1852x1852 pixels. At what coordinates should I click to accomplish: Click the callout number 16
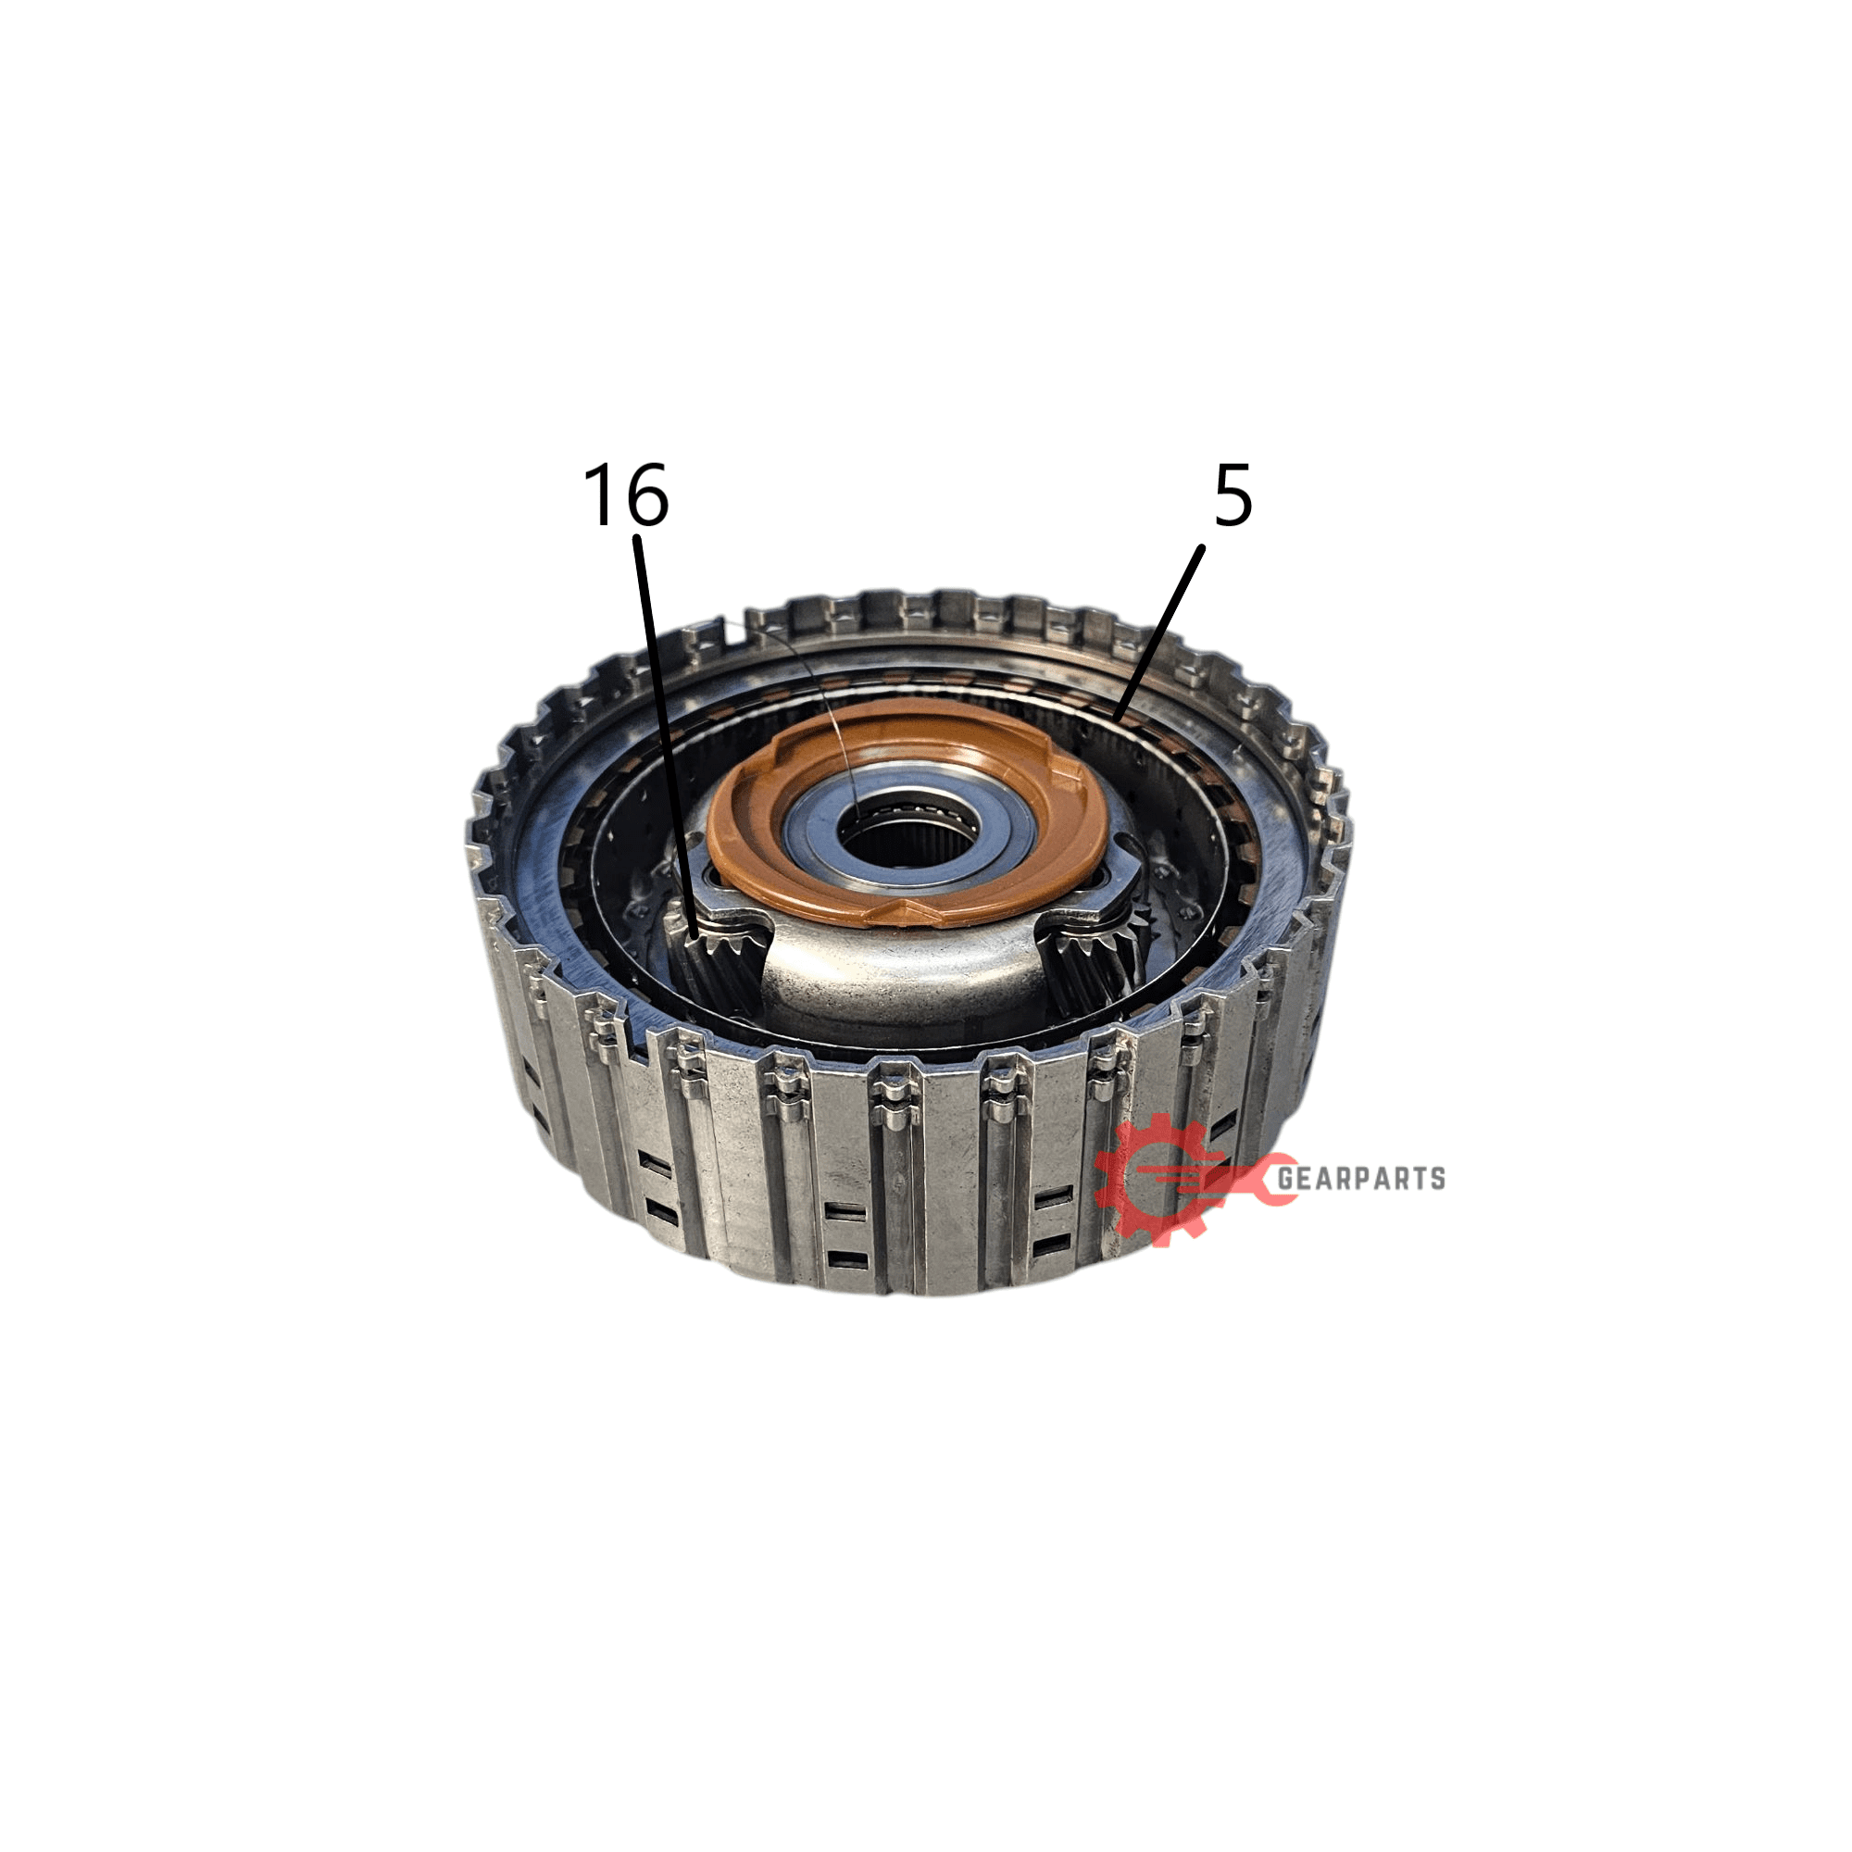coord(626,494)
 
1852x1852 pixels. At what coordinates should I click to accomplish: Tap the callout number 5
coord(1233,495)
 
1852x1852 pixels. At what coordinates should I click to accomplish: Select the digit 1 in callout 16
coord(602,494)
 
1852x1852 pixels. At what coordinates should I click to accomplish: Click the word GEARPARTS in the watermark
coord(1360,1178)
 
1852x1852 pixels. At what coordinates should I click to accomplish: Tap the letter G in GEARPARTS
coord(1286,1178)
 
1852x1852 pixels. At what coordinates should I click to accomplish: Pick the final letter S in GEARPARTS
coord(1436,1178)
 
